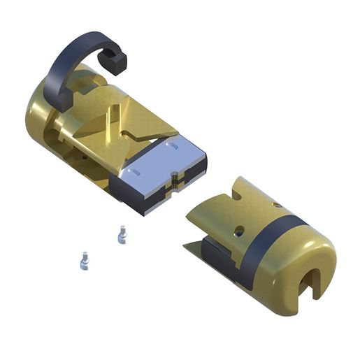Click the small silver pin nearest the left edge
[x=83, y=261]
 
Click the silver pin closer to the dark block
[x=122, y=234]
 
